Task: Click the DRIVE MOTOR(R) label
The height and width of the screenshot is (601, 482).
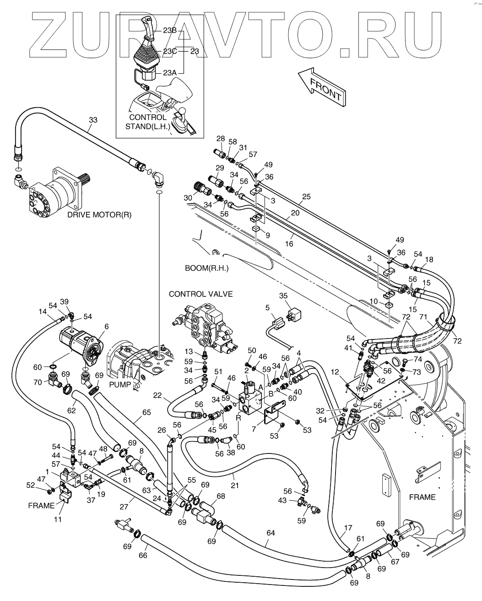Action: pyautogui.click(x=99, y=214)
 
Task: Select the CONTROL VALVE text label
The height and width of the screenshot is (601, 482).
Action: pyautogui.click(x=200, y=294)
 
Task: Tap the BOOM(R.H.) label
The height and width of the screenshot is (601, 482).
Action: pyautogui.click(x=206, y=268)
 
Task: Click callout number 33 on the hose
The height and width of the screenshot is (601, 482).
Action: pyautogui.click(x=93, y=120)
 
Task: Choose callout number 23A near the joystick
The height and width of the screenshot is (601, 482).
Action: pyautogui.click(x=169, y=72)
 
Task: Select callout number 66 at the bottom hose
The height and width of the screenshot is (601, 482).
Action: pyautogui.click(x=143, y=555)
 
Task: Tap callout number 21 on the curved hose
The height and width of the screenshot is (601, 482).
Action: pyautogui.click(x=234, y=486)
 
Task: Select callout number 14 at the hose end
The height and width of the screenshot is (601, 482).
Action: pyautogui.click(x=43, y=312)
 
